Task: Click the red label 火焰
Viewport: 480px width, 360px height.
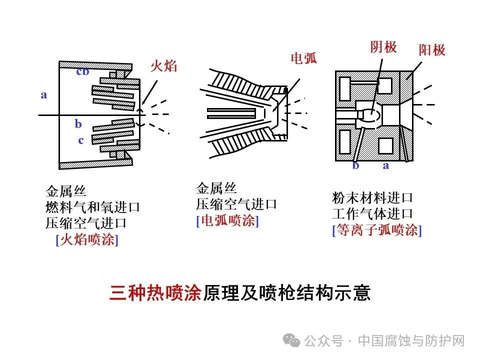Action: pyautogui.click(x=164, y=66)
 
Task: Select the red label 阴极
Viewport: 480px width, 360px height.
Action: pyautogui.click(x=383, y=47)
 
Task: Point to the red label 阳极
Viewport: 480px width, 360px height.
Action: pyautogui.click(x=432, y=49)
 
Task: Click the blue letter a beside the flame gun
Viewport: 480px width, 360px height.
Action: pyautogui.click(x=44, y=94)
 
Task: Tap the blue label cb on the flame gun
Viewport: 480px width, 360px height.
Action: pyautogui.click(x=82, y=71)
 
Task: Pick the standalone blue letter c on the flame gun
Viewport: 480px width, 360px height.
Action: pyautogui.click(x=80, y=140)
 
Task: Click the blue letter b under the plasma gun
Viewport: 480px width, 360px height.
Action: pyautogui.click(x=355, y=165)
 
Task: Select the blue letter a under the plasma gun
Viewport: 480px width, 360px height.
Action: pyautogui.click(x=385, y=165)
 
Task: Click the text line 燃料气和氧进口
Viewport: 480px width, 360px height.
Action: pyautogui.click(x=92, y=207)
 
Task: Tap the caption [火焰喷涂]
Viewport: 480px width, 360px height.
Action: pyautogui.click(x=87, y=239)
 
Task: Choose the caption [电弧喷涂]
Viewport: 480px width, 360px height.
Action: pyautogui.click(x=227, y=220)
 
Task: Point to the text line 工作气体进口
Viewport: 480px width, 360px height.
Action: pyautogui.click(x=372, y=214)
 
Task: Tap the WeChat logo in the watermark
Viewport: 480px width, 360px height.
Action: pyautogui.click(x=291, y=341)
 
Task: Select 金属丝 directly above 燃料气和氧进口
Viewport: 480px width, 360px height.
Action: pyautogui.click(x=66, y=191)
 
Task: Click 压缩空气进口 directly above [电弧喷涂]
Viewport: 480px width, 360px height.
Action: pyautogui.click(x=236, y=204)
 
